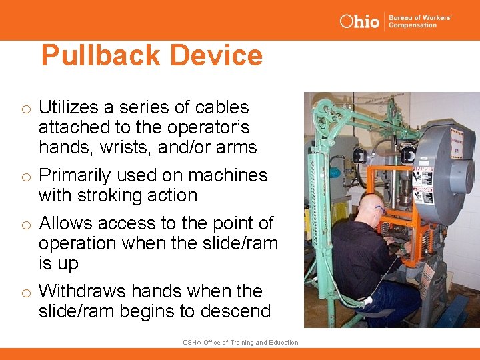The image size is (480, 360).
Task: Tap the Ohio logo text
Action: click(x=359, y=21)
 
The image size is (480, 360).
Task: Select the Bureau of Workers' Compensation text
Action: click(x=420, y=21)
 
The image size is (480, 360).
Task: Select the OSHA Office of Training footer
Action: click(x=240, y=343)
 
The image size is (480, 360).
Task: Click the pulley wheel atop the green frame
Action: click(x=326, y=109)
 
